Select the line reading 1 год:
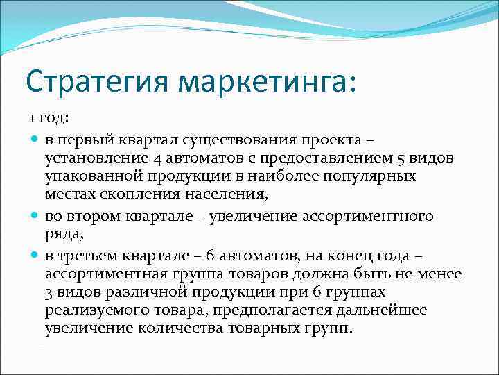[x=49, y=120]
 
